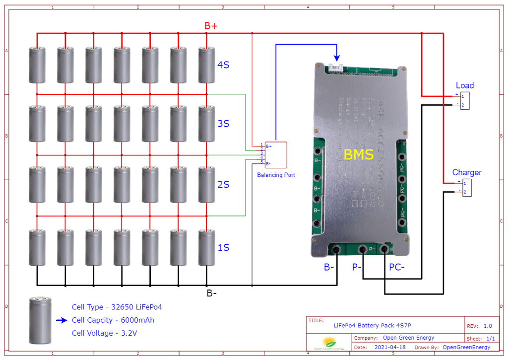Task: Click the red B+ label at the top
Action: pos(211,26)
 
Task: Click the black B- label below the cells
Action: pos(211,293)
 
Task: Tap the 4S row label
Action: pos(223,65)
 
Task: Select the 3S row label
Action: pos(223,124)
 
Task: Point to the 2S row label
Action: pos(223,185)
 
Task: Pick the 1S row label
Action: pos(223,247)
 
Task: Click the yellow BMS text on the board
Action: pos(359,154)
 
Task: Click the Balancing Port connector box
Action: pos(276,154)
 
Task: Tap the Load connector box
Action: pos(465,100)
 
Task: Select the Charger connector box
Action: pos(467,188)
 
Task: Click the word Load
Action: pos(465,85)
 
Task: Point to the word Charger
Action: pos(467,172)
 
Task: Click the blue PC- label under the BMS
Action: pos(396,267)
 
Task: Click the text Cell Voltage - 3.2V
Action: pos(104,333)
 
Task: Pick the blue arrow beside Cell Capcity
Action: pos(62,320)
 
